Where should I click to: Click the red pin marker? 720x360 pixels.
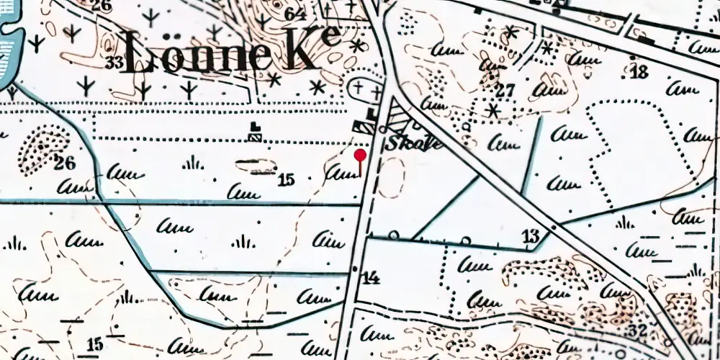(360, 156)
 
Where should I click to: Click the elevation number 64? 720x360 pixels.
(294, 14)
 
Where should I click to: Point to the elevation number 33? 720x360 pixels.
(114, 62)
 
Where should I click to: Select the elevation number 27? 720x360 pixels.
(505, 91)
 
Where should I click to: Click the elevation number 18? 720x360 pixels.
(639, 71)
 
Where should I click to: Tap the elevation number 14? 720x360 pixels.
(371, 277)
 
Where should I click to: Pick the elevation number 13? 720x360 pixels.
(531, 235)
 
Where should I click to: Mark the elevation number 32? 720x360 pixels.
(636, 330)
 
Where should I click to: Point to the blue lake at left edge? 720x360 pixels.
(9, 50)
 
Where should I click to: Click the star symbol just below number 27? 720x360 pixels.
(493, 111)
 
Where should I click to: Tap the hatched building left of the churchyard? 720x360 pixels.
(254, 132)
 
